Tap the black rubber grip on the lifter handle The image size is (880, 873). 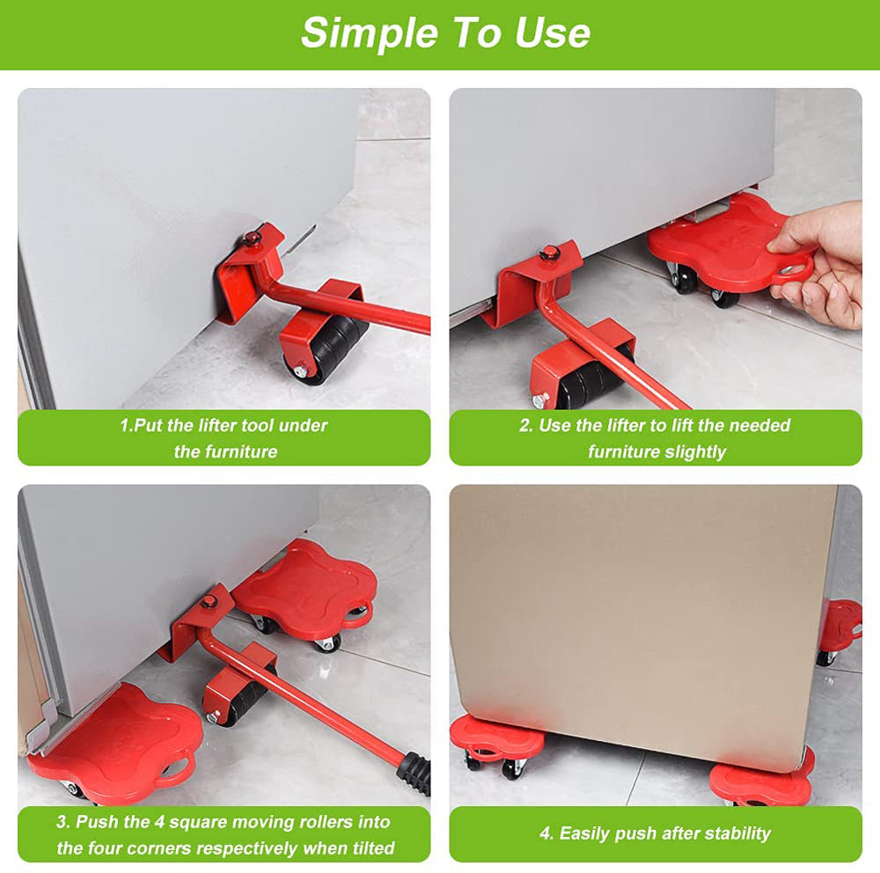(x=414, y=771)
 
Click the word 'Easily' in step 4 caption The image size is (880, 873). (x=589, y=833)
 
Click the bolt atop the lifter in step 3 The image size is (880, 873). (x=209, y=601)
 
